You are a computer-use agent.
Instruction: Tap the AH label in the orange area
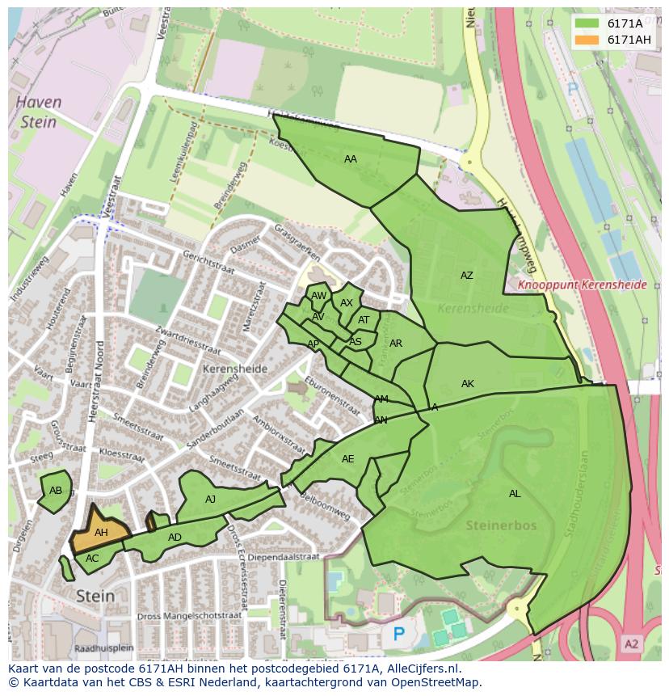101,533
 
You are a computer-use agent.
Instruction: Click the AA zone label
350,159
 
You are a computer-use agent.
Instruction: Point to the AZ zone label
466,276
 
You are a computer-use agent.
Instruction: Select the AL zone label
515,494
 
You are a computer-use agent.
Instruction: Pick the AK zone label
467,384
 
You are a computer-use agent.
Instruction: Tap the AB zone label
56,491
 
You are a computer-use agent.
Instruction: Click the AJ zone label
210,500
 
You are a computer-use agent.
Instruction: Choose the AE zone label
347,459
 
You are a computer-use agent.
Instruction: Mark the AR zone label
395,344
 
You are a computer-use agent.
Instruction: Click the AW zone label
318,297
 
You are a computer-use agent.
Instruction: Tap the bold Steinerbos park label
501,525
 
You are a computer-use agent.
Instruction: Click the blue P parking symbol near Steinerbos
398,635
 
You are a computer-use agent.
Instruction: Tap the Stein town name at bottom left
95,597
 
